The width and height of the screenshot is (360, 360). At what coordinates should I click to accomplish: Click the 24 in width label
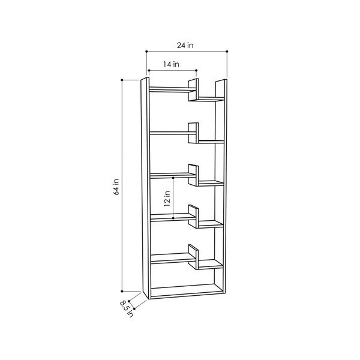(185, 46)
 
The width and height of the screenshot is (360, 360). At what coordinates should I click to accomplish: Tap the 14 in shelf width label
(171, 64)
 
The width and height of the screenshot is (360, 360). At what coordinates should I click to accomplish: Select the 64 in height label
(116, 187)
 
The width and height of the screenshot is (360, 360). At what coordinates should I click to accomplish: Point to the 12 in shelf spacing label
(167, 199)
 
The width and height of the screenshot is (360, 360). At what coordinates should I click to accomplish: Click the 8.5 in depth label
(127, 309)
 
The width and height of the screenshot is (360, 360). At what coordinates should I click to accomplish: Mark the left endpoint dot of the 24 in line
(146, 52)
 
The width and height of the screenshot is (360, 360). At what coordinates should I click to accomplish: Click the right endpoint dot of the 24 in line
(227, 52)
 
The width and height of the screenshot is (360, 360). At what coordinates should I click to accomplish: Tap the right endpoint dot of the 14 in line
(196, 70)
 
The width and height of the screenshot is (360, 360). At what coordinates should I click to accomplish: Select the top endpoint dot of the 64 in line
(122, 80)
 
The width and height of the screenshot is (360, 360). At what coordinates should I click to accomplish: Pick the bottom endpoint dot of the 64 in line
(122, 292)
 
